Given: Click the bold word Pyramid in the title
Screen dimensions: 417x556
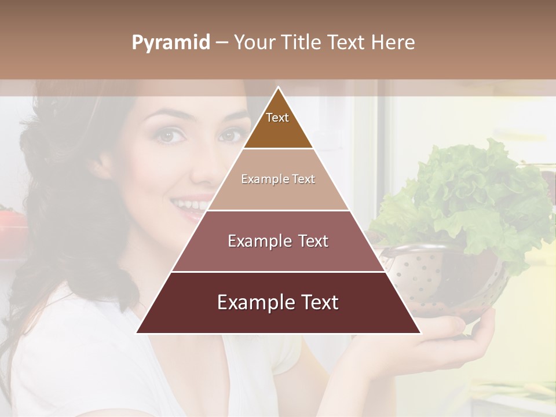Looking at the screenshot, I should tap(171, 43).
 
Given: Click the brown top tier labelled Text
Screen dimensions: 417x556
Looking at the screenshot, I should tap(278, 125).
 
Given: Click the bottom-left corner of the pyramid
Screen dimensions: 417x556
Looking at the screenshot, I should tap(137, 333).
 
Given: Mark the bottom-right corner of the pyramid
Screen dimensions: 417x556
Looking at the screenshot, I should tap(420, 333).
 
